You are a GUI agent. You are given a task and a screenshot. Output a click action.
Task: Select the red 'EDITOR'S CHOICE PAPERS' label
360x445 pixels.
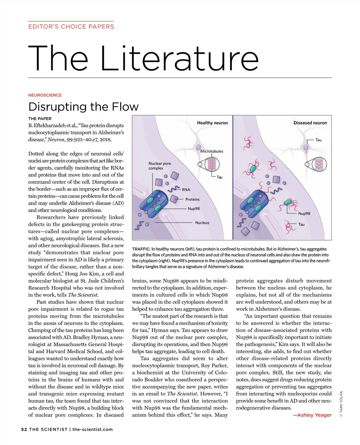tap(71, 26)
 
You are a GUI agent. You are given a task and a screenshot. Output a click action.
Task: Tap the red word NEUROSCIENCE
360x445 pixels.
tap(45, 95)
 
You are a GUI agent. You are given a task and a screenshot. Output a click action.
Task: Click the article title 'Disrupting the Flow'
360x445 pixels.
tap(83, 107)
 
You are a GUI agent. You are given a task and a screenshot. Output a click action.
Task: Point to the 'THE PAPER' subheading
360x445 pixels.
tap(40, 119)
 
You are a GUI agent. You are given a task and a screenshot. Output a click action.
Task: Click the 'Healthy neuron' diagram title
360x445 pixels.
tap(212, 123)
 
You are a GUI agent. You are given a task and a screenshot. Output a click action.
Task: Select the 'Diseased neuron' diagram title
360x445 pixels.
tap(310, 123)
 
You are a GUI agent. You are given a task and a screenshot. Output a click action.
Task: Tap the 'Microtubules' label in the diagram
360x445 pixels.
tap(212, 151)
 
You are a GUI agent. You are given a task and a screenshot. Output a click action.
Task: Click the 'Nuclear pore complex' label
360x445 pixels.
tap(160, 166)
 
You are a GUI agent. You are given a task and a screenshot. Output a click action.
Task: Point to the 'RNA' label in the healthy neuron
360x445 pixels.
tap(186, 189)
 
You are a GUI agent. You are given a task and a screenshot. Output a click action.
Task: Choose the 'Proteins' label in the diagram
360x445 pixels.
tap(192, 199)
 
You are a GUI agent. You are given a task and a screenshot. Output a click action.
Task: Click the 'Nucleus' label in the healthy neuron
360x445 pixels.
tap(202, 222)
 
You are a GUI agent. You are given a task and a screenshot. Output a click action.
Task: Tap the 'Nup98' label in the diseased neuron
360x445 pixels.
tap(304, 213)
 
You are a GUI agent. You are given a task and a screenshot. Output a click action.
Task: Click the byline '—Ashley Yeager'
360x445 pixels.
tap(312, 415)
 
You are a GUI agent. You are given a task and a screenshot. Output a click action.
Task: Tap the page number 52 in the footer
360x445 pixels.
tap(24, 429)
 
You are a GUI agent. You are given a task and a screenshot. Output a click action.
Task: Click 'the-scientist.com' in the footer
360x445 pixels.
tap(93, 429)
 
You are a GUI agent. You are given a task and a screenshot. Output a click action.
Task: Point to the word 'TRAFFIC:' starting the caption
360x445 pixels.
tap(141, 249)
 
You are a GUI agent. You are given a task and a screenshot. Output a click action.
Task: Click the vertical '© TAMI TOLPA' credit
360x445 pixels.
tap(341, 404)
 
